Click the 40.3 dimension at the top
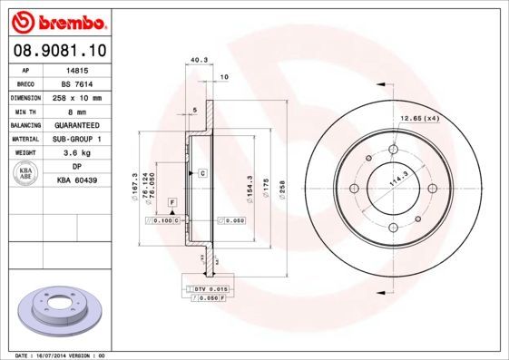click(x=194, y=61)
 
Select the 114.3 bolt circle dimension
click(x=396, y=179)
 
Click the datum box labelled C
click(x=203, y=172)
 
